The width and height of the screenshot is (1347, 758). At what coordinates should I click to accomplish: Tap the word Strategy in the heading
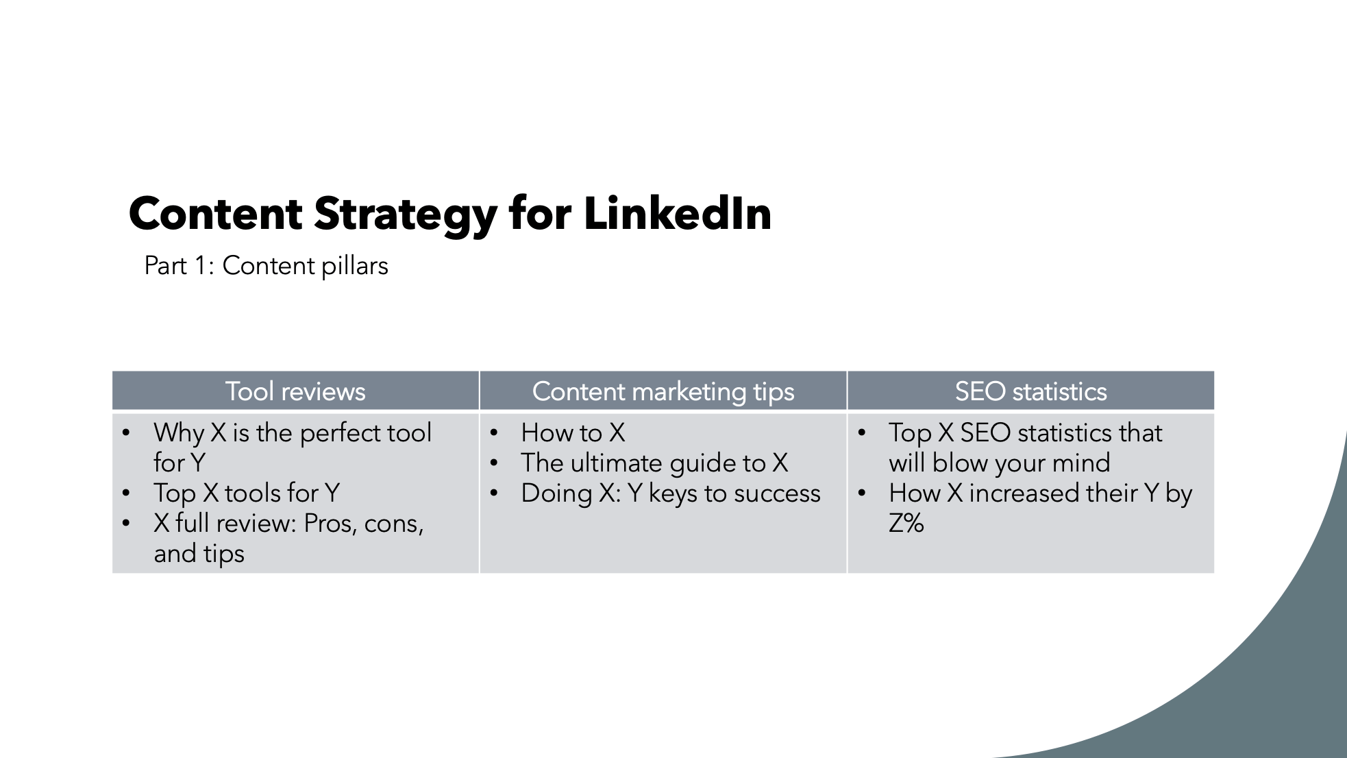406,214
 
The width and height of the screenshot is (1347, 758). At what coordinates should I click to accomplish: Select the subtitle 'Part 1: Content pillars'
266,266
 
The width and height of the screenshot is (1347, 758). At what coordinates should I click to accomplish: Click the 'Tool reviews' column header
295,391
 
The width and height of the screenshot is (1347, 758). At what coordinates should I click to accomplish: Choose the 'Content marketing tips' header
663,391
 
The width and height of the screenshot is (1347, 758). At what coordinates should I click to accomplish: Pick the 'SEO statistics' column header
1030,391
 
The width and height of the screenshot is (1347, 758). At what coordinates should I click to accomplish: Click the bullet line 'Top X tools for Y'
247,493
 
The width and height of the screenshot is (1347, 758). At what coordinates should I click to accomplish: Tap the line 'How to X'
573,432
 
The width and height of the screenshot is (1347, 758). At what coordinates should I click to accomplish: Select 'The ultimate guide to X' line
654,463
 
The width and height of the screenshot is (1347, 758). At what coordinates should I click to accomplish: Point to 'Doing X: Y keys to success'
670,493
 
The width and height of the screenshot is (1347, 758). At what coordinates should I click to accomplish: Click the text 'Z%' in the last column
906,524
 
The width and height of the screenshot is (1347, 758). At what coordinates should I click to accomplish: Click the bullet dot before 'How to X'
493,433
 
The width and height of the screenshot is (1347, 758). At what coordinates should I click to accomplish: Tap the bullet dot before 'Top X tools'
126,493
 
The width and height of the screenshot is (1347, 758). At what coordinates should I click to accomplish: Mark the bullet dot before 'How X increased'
861,493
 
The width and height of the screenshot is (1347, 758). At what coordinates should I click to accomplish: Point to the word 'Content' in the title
215,214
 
